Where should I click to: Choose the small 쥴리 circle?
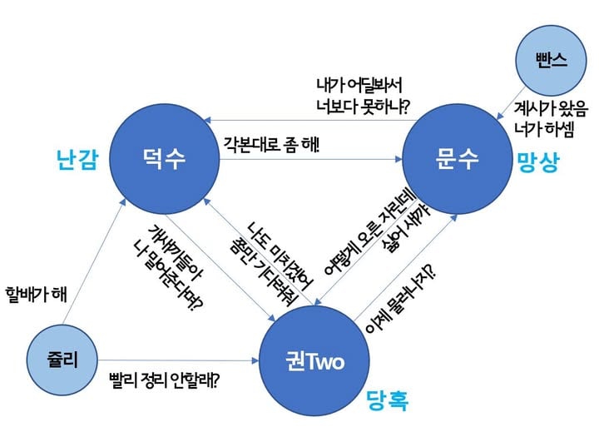point(62,359)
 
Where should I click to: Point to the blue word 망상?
point(539,161)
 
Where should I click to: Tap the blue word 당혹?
point(388,402)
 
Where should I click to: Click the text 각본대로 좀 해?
point(270,142)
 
